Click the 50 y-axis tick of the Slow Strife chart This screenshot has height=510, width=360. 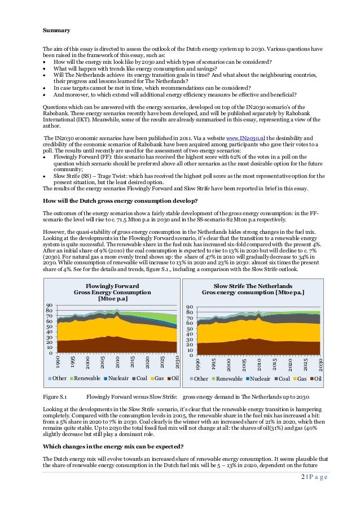click(190, 329)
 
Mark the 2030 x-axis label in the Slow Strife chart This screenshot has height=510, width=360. click(320, 364)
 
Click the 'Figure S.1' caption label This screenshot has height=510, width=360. click(55, 398)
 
